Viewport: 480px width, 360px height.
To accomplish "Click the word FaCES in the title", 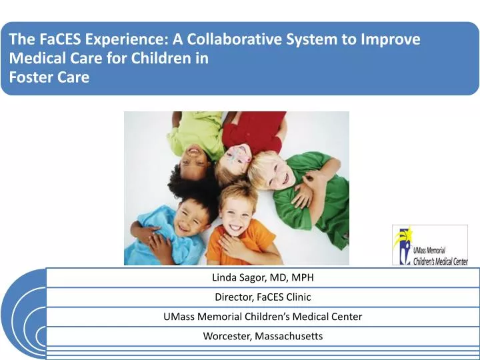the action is pyautogui.click(x=60, y=39).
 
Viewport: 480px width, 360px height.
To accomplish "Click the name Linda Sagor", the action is pyautogui.click(x=239, y=277).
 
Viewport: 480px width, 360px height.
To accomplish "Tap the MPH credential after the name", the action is pyautogui.click(x=303, y=277).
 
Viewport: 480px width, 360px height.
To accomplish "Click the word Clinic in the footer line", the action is pyautogui.click(x=299, y=297).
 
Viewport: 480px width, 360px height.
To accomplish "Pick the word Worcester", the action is pyautogui.click(x=227, y=336).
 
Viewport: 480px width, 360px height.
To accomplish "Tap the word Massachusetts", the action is pyautogui.click(x=289, y=336).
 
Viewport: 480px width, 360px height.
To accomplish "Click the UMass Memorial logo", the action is pyautogui.click(x=430, y=245).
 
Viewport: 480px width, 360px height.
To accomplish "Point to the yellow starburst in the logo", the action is pyautogui.click(x=403, y=236).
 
